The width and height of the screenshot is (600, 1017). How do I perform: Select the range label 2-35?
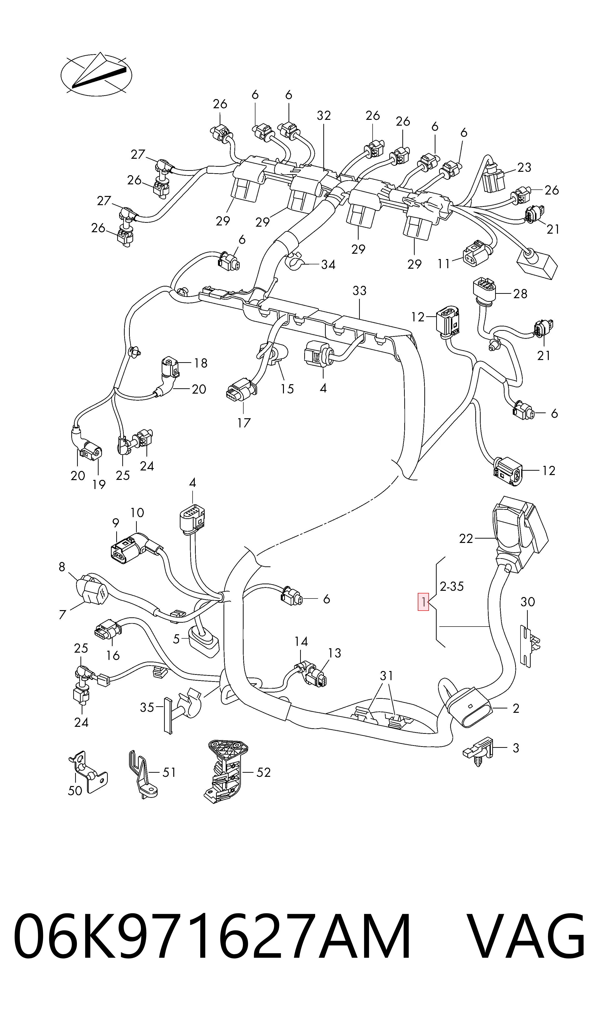point(452,586)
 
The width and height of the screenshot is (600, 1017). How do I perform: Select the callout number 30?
point(528,602)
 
